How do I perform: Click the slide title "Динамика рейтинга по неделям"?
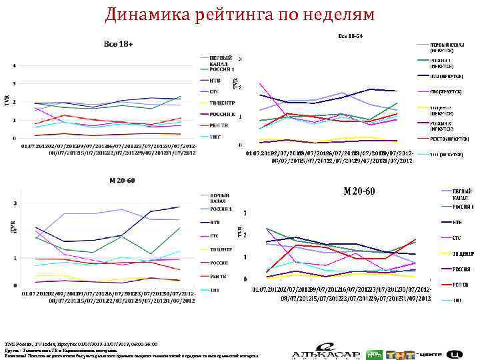(240, 14)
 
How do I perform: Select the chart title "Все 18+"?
(119, 43)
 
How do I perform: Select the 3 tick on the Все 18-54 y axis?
(240, 59)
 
